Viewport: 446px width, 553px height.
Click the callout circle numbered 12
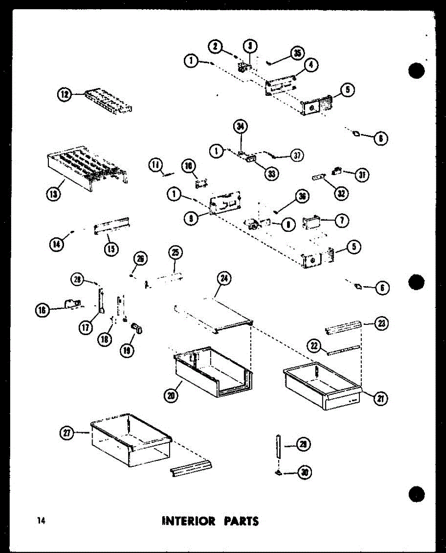64,94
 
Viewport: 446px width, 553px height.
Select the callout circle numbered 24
224,278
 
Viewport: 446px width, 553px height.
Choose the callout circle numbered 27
67,432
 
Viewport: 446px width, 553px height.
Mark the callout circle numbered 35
298,53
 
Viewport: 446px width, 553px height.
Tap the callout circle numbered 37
297,155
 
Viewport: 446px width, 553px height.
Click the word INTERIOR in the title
188,521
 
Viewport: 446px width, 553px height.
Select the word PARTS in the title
241,521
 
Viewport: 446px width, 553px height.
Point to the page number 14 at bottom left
41,521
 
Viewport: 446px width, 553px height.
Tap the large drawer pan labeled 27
131,440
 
